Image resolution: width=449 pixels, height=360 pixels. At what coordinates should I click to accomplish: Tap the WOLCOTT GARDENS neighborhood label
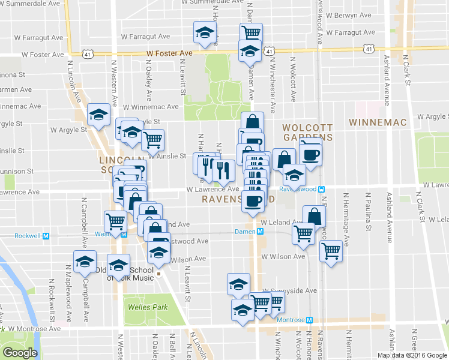pyautogui.click(x=307, y=133)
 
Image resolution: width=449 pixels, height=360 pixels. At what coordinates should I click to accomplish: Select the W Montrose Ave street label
pyautogui.click(x=35, y=329)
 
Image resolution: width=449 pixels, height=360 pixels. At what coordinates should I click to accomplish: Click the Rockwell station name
pyautogui.click(x=27, y=236)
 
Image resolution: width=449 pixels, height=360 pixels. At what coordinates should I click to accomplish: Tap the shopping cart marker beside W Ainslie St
pyautogui.click(x=153, y=139)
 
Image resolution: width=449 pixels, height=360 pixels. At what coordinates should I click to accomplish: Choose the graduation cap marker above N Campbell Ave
pyautogui.click(x=85, y=262)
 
